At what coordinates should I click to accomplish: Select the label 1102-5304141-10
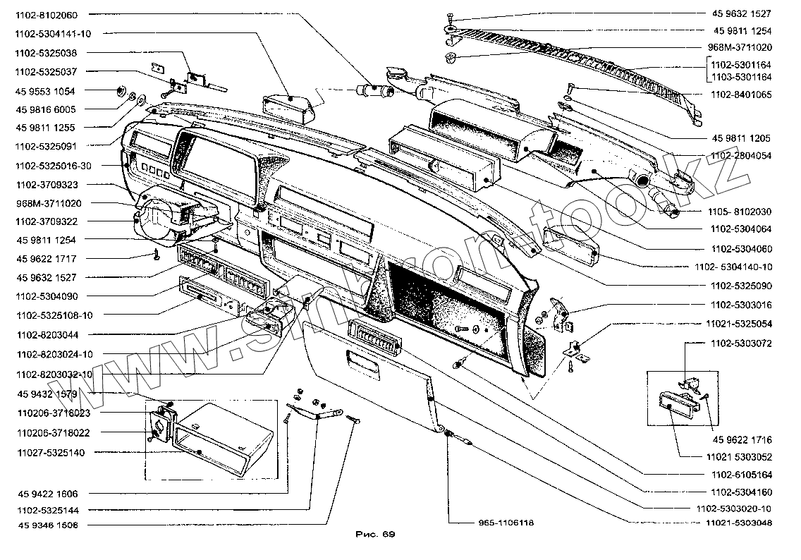53,34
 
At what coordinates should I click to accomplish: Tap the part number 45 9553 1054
45,92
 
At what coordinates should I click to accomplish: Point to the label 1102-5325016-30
54,166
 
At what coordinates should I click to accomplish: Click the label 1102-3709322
47,221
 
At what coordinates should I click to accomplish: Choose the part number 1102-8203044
47,335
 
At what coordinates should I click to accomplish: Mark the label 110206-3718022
54,433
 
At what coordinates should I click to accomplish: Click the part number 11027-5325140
51,454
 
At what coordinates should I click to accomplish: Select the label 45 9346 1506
48,525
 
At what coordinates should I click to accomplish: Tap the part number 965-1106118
506,523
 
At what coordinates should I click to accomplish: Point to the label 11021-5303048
739,523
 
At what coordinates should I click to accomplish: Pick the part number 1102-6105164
742,475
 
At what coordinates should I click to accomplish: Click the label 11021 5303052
739,457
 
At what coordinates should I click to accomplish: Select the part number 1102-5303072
741,344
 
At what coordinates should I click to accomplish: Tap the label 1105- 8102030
740,212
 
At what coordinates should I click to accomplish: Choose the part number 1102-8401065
741,95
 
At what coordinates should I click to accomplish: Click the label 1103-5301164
741,78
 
